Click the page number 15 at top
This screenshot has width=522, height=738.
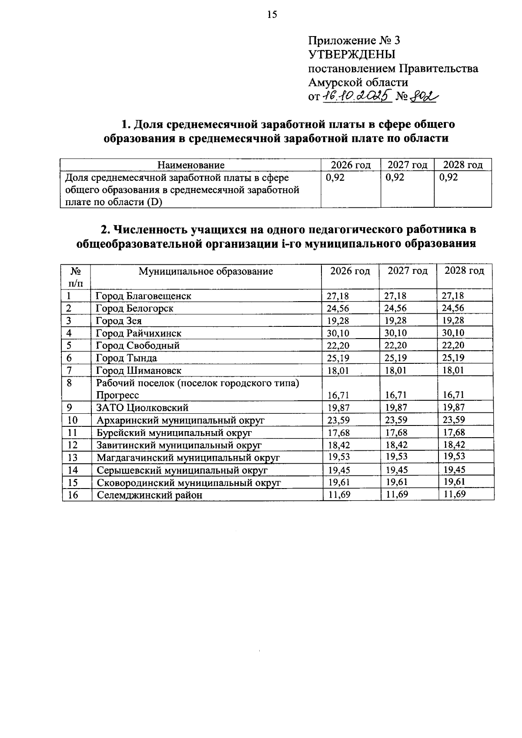[271, 15]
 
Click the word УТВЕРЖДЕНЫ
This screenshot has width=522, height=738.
[352, 55]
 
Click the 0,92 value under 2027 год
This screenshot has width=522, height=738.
[395, 177]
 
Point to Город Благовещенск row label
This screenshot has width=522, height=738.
[144, 296]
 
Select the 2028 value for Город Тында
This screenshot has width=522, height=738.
[453, 358]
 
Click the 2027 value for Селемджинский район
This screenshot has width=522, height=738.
[396, 495]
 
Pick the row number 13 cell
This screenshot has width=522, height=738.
[73, 458]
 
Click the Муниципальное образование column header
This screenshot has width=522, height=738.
[206, 272]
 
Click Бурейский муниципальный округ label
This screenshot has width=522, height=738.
[174, 433]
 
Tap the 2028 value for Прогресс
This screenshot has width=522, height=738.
[453, 395]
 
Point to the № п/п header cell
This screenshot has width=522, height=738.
[76, 277]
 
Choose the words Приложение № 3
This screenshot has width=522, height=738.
[354, 41]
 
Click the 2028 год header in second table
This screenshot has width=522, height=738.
[464, 271]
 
